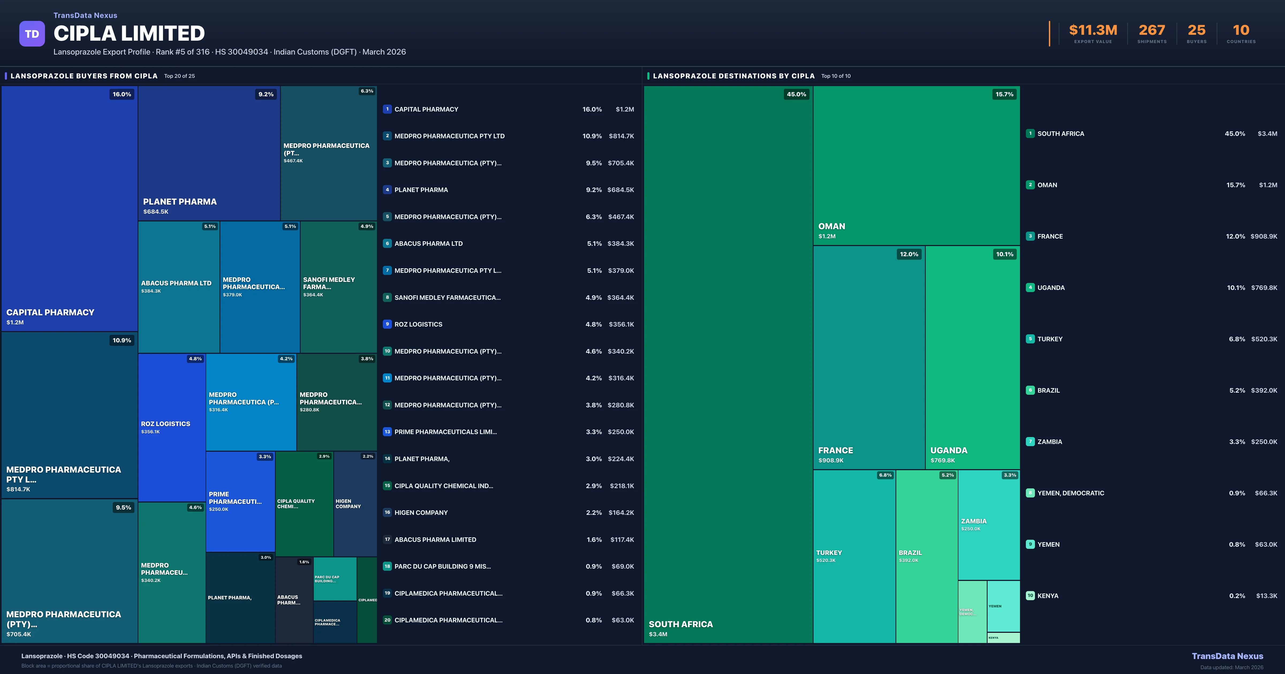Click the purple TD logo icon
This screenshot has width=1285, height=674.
pyautogui.click(x=32, y=34)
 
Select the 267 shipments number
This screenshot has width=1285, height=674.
pyautogui.click(x=1151, y=30)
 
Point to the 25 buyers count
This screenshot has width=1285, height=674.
pyautogui.click(x=1196, y=30)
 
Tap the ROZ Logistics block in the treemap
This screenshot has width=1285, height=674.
pyautogui.click(x=172, y=427)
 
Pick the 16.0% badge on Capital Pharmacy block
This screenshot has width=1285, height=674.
pyautogui.click(x=122, y=94)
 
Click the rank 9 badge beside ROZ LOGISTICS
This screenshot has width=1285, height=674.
pyautogui.click(x=387, y=324)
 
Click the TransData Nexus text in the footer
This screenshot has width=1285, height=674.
pyautogui.click(x=1227, y=656)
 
